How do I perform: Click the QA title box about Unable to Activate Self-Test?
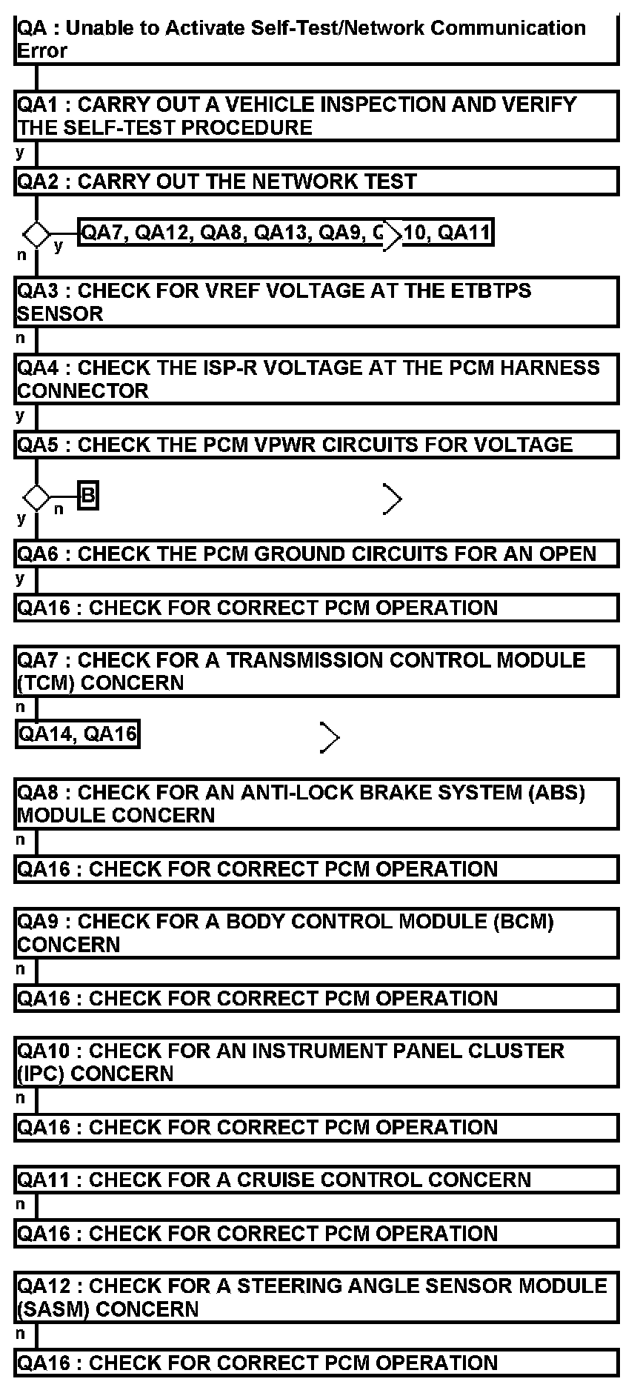coord(316,40)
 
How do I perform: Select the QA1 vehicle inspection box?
coord(316,116)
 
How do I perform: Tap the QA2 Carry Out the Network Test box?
coord(316,182)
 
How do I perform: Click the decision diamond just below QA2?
coord(36,235)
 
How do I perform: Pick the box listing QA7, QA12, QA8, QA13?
coord(285,233)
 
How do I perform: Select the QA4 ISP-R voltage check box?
coord(316,379)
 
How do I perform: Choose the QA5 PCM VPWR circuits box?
coord(316,445)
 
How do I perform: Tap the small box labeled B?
coord(88,496)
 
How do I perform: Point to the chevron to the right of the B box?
coord(393,499)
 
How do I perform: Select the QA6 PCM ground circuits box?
coord(316,554)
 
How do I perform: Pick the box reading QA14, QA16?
coord(78,734)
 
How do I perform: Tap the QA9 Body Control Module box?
coord(316,933)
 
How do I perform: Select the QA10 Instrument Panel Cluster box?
coord(316,1063)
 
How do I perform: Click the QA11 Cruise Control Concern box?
coord(316,1180)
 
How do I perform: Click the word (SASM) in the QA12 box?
coord(53,1309)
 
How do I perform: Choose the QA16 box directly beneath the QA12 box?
coord(316,1363)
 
